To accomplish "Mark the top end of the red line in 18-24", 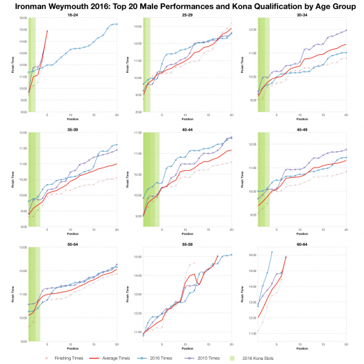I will (47, 31).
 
